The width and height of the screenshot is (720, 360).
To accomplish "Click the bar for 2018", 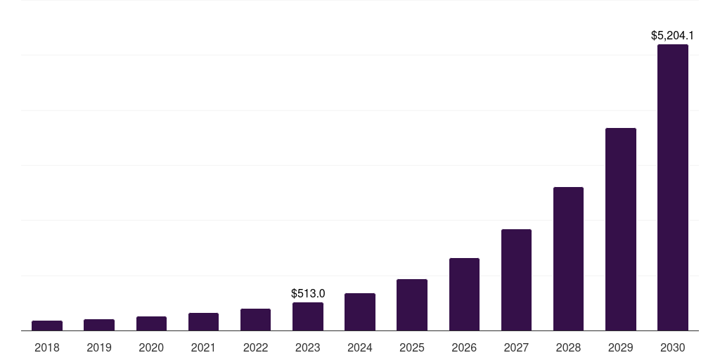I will tap(47, 326).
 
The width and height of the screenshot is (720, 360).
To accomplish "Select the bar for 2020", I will tap(151, 323).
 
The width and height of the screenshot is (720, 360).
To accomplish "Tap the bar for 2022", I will tap(255, 320).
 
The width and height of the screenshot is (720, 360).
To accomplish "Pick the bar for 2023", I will tap(308, 316).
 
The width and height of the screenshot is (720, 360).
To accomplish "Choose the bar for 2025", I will tap(412, 305).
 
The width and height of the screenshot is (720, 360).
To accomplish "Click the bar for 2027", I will tap(516, 280).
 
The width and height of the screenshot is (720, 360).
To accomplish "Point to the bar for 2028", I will tap(568, 259).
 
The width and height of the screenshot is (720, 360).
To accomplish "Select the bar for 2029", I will tap(620, 229).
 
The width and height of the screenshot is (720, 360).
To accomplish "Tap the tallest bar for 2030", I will tap(673, 188).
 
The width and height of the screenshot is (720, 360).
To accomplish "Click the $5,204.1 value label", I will tap(673, 34).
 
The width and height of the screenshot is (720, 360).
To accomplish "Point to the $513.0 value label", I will tap(308, 293).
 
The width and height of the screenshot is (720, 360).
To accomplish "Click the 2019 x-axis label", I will tap(99, 347).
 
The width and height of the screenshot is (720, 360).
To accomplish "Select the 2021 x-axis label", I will tap(203, 347).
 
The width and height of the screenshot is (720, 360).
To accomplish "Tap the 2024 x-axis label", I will tap(360, 347).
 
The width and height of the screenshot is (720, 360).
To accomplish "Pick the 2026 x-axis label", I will tap(464, 347).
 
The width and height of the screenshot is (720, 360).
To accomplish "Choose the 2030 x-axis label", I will tap(673, 347).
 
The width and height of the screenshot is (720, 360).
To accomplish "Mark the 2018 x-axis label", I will tap(47, 347).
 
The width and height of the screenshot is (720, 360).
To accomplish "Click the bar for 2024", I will tap(360, 312).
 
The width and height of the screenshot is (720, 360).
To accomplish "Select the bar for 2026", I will tap(464, 295).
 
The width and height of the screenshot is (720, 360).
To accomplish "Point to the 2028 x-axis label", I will tap(568, 347).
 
